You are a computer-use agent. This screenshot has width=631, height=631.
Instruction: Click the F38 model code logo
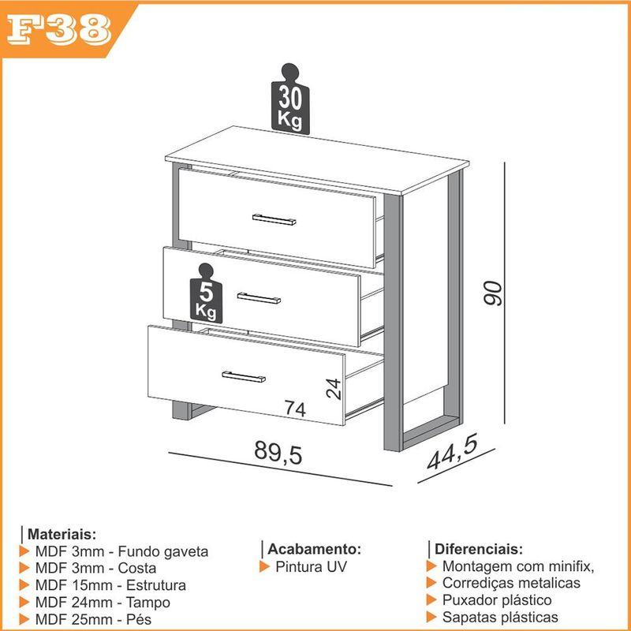click(58, 29)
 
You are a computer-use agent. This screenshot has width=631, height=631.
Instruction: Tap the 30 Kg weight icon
click(290, 99)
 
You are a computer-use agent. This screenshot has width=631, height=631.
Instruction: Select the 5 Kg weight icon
click(206, 293)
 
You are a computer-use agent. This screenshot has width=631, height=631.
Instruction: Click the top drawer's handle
click(274, 220)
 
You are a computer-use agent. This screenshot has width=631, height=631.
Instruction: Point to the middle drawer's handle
click(259, 298)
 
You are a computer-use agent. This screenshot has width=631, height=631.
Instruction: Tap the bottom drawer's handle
click(244, 377)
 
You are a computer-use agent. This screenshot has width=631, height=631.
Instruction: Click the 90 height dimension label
click(493, 293)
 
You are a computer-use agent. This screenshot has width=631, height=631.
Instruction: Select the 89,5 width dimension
click(278, 453)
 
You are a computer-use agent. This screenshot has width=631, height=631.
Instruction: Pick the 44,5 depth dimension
click(453, 451)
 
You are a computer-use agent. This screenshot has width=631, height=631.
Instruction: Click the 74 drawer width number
click(295, 408)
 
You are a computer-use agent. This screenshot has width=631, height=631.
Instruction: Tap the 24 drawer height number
click(334, 389)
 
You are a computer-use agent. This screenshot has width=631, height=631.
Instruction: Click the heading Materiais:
click(62, 535)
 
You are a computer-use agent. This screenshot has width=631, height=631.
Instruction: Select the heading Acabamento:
click(314, 549)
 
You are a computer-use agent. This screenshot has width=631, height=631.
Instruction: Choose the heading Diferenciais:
click(479, 549)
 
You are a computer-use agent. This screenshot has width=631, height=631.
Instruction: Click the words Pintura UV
click(311, 566)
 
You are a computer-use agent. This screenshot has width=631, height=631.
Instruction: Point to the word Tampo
click(148, 603)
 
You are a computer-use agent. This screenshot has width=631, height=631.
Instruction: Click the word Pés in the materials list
click(139, 619)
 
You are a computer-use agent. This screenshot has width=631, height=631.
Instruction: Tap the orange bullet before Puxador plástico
click(431, 600)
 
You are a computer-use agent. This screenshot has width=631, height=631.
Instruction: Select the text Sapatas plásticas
click(500, 617)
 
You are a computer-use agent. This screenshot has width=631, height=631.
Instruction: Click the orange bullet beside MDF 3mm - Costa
click(24, 568)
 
